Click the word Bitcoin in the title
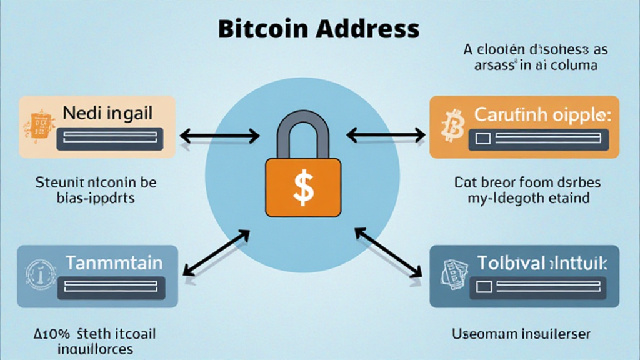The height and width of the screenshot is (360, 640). coord(257,29)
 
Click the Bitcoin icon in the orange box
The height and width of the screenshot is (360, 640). coord(450,126)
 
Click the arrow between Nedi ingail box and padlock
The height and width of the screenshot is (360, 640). coord(219,134)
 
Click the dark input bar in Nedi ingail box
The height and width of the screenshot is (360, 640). coord(110,139)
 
